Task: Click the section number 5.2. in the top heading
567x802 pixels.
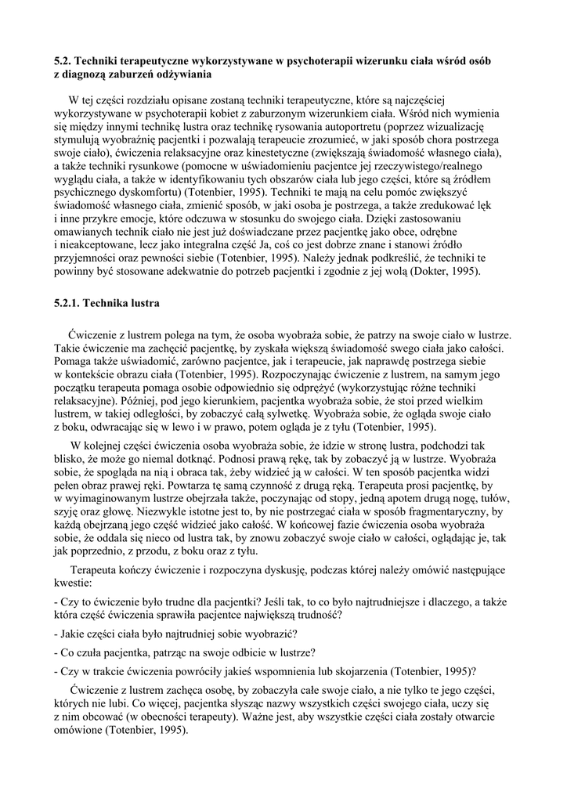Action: click(x=63, y=61)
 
